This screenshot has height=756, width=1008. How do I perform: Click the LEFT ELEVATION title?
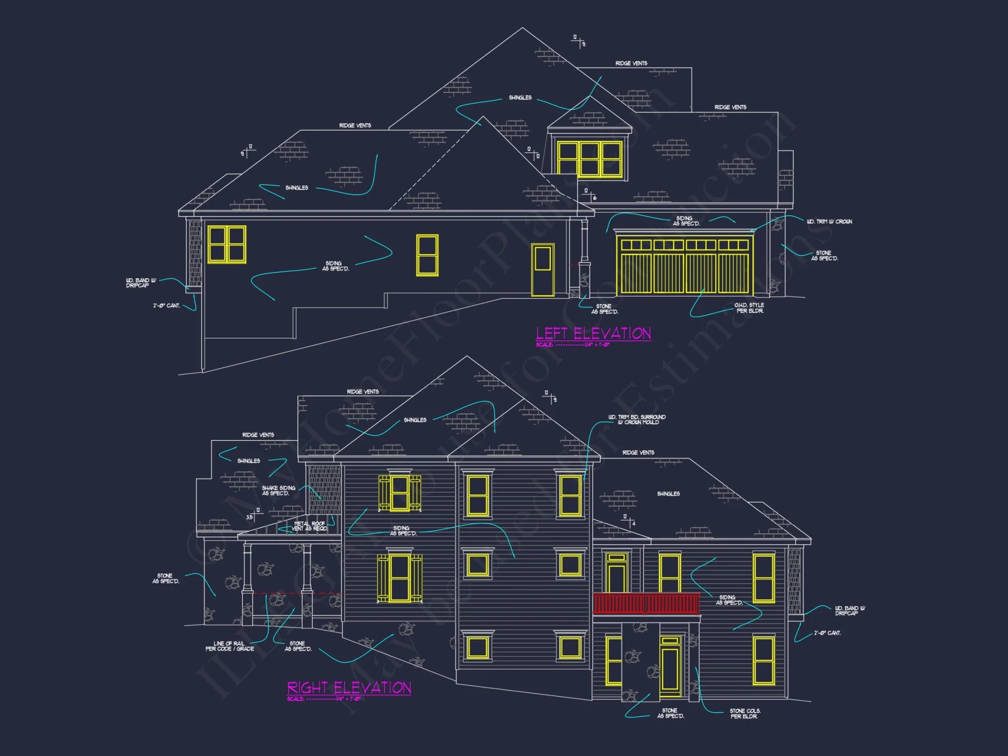coord(593,334)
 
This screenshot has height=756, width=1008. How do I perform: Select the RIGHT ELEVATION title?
coord(349,688)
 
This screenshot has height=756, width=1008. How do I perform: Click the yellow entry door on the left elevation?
coord(543,270)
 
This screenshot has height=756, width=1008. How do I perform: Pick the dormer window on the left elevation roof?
coord(589,159)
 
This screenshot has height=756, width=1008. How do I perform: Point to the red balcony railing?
coord(646,604)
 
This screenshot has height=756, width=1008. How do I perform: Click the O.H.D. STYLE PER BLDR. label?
coord(749,308)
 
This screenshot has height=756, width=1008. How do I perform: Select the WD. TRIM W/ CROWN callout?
coord(829,222)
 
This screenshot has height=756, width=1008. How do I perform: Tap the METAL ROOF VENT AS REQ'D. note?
coord(310,526)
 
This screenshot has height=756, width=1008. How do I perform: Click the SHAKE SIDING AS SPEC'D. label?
coord(278,490)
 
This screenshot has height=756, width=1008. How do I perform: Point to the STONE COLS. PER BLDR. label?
coord(745,713)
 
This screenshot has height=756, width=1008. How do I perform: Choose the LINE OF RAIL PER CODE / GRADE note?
coord(229,646)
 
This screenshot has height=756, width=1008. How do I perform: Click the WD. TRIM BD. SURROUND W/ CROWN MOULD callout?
coord(637,419)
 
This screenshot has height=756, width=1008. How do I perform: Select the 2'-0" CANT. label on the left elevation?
coord(166,305)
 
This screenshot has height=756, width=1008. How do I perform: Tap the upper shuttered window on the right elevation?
coord(400,493)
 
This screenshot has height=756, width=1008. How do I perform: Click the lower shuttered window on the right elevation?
coord(400,578)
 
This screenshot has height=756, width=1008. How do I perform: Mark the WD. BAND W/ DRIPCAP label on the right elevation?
coord(850,610)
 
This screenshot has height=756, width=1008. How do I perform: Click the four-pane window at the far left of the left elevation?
coord(227,244)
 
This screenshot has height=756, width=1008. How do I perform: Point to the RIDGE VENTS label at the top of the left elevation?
coord(631,64)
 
